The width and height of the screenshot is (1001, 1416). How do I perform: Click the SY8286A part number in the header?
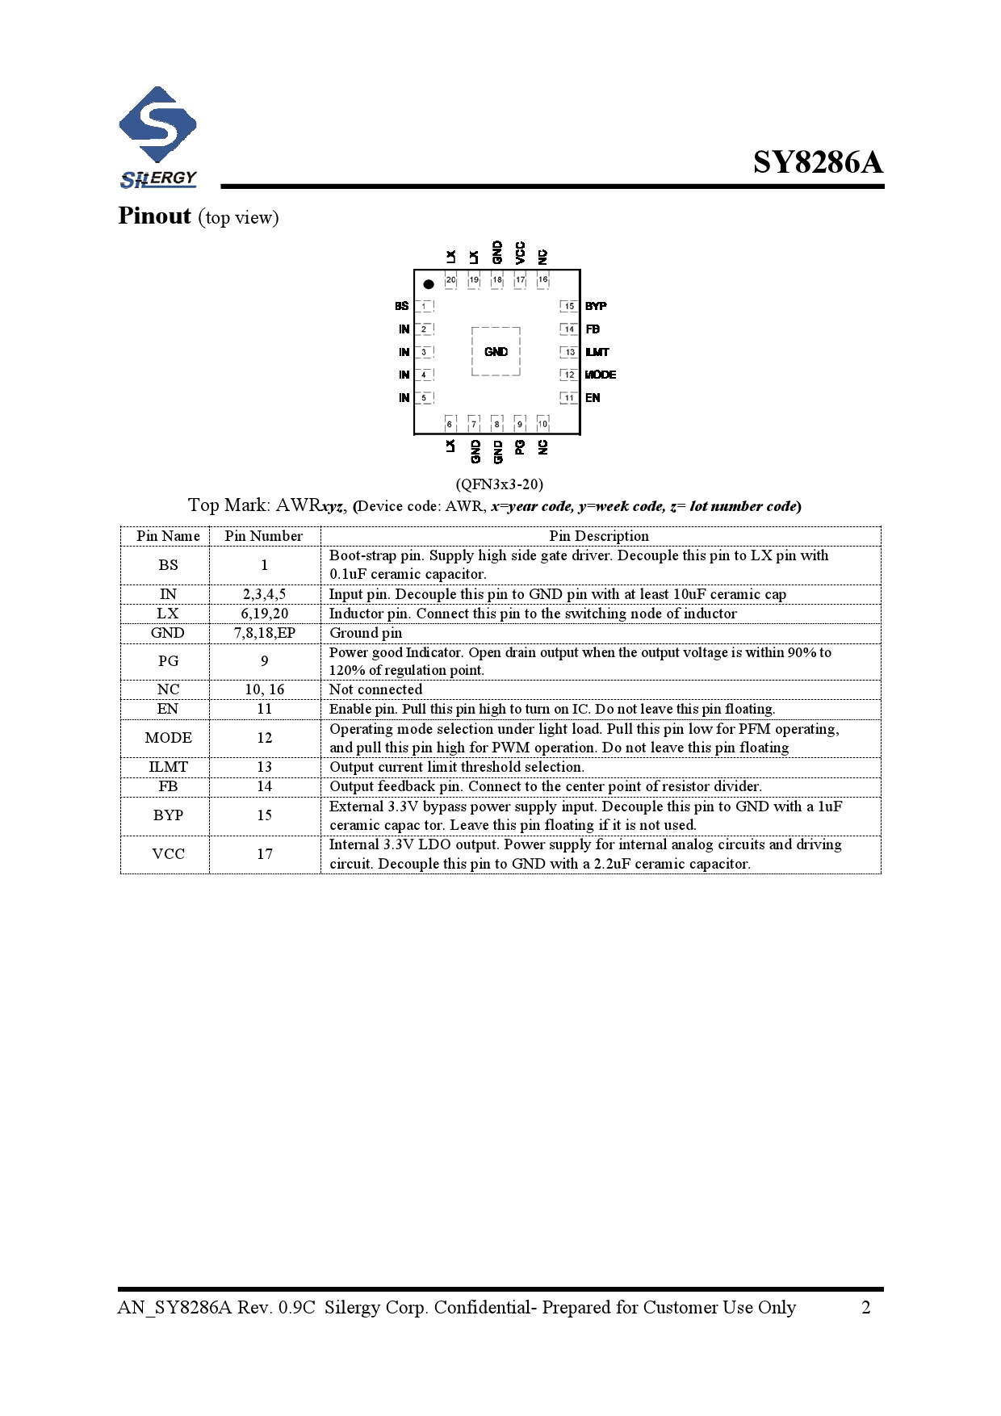818,162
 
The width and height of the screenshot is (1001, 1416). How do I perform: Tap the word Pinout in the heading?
154,216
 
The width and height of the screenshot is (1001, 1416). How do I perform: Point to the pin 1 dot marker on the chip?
429,284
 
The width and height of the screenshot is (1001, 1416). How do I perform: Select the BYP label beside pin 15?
596,306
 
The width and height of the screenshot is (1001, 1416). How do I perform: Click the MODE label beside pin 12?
600,375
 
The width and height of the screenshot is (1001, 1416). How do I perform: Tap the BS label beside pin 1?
401,306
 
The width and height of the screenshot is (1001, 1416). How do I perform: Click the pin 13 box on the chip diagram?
570,352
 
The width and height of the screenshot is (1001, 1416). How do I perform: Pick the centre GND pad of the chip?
496,352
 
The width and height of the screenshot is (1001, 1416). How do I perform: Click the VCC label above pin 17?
520,252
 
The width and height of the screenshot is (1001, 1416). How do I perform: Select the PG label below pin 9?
520,446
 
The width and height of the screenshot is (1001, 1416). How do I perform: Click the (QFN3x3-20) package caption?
499,484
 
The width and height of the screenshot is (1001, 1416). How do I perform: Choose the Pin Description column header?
598,536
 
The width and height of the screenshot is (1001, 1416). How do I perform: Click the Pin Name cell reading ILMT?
168,767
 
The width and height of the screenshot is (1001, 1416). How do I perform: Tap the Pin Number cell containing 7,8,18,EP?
265,633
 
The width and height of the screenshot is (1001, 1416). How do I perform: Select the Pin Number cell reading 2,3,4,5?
265,594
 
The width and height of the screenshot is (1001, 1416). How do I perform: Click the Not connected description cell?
375,689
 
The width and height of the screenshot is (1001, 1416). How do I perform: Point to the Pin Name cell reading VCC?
168,854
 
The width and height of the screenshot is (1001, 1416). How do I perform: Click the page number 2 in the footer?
865,1308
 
